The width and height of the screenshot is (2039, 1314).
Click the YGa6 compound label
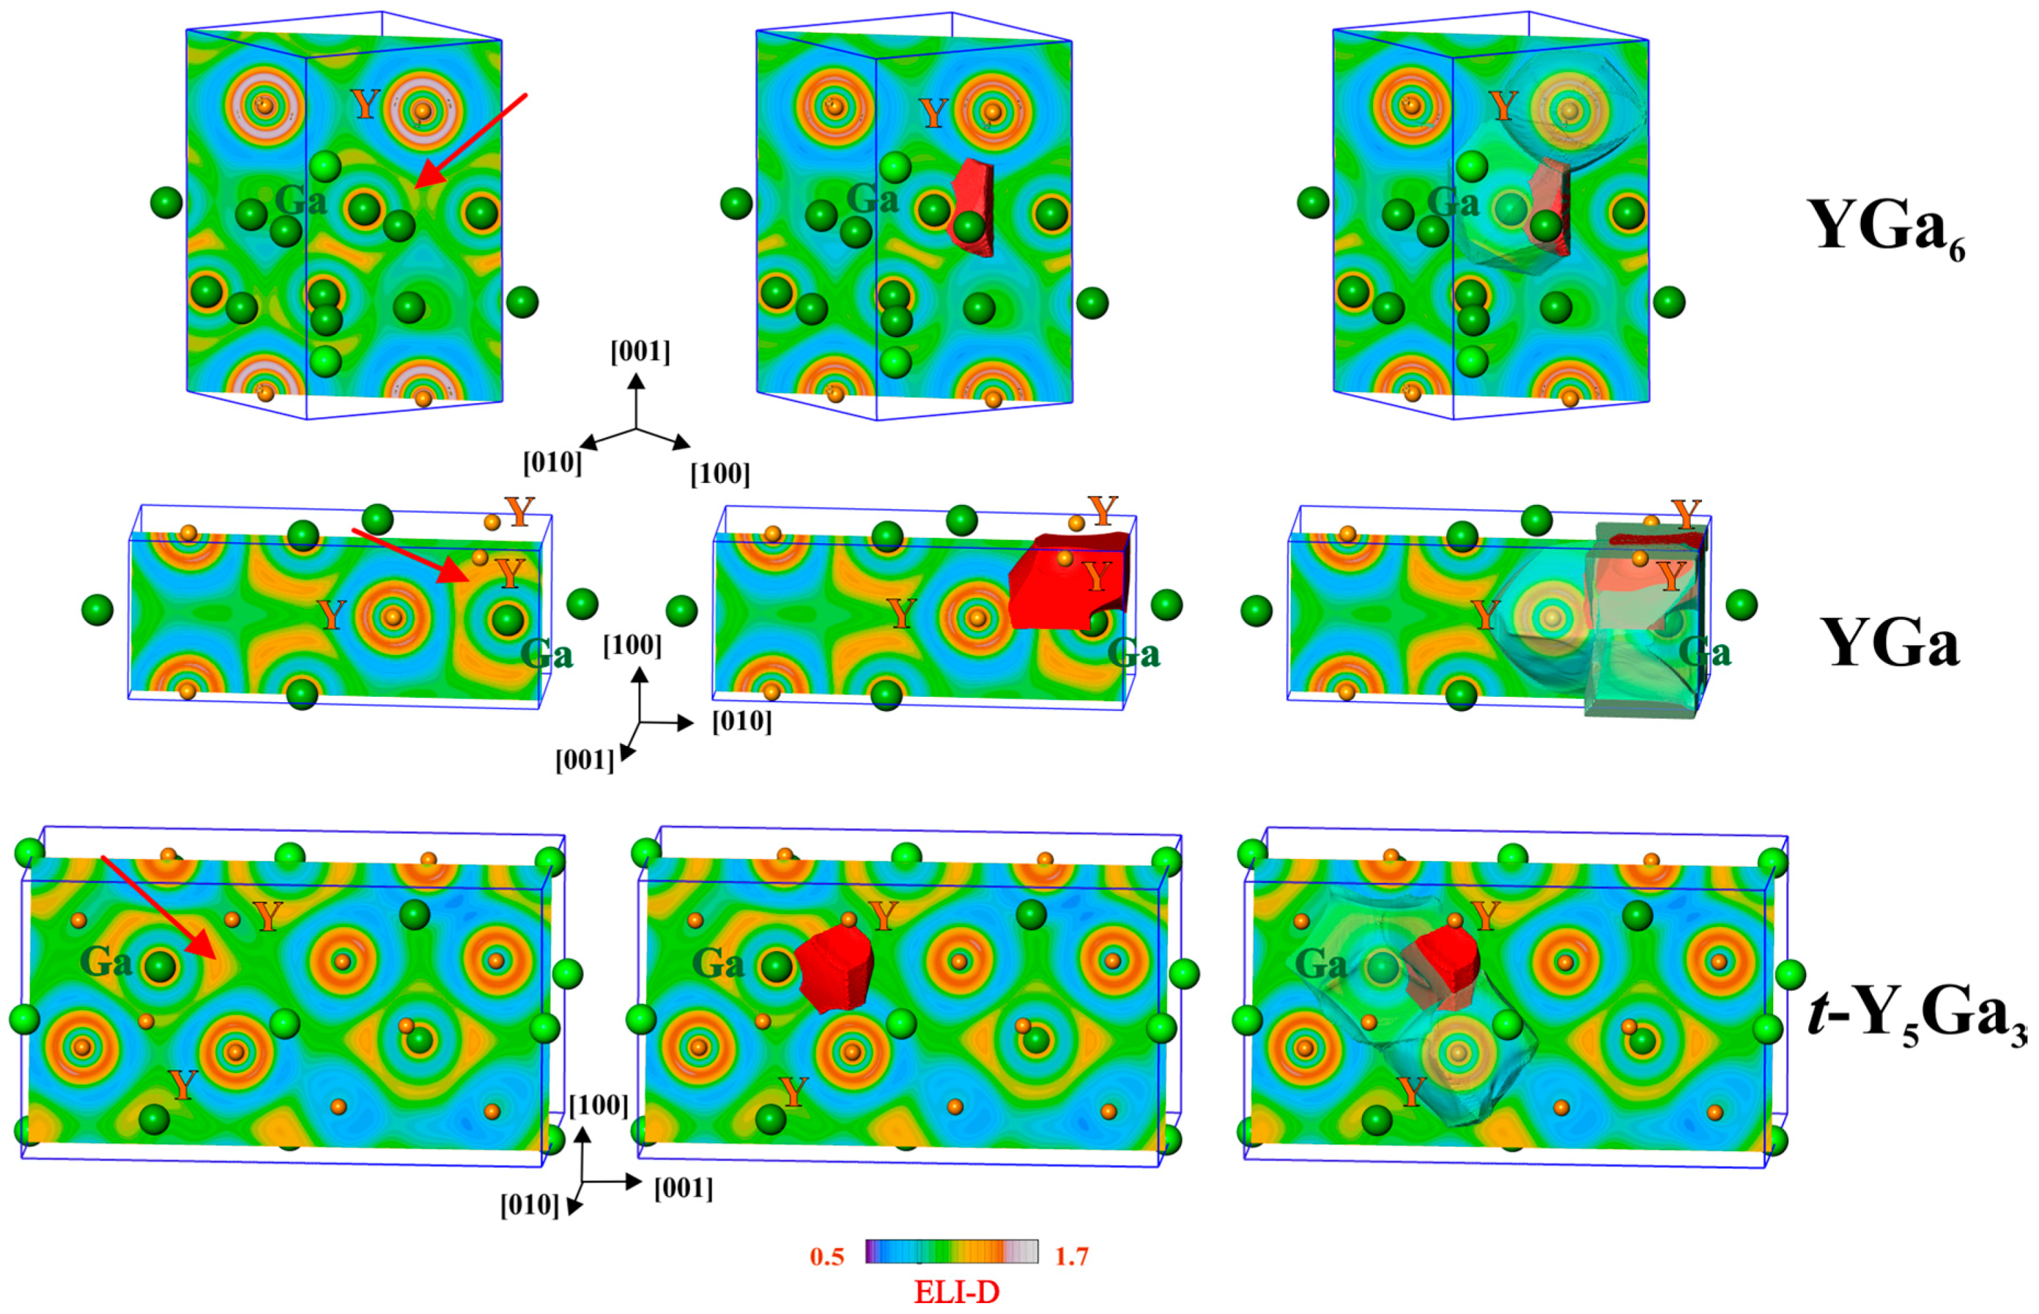pyautogui.click(x=1886, y=229)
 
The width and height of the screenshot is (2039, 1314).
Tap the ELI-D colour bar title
pyautogui.click(x=956, y=1293)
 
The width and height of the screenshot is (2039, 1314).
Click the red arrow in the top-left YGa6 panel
pyautogui.click(x=471, y=141)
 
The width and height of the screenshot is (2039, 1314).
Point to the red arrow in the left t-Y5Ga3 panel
pyautogui.click(x=159, y=907)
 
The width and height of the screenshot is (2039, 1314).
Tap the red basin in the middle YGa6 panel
pyautogui.click(x=974, y=208)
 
